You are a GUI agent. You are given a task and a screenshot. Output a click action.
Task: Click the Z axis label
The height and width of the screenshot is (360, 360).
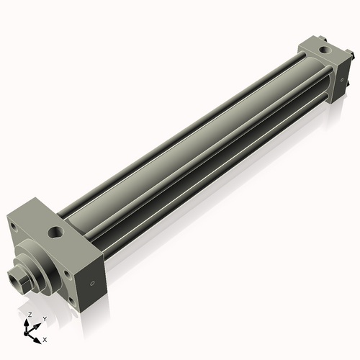pyautogui.click(x=29, y=315)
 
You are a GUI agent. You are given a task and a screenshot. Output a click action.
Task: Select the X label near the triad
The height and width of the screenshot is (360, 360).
pyautogui.click(x=45, y=338)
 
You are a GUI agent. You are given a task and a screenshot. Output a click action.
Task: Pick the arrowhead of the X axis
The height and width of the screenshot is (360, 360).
pyautogui.click(x=38, y=337)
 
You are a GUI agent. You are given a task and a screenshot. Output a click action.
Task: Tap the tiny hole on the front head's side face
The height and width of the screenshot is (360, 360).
pyautogui.click(x=92, y=283)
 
